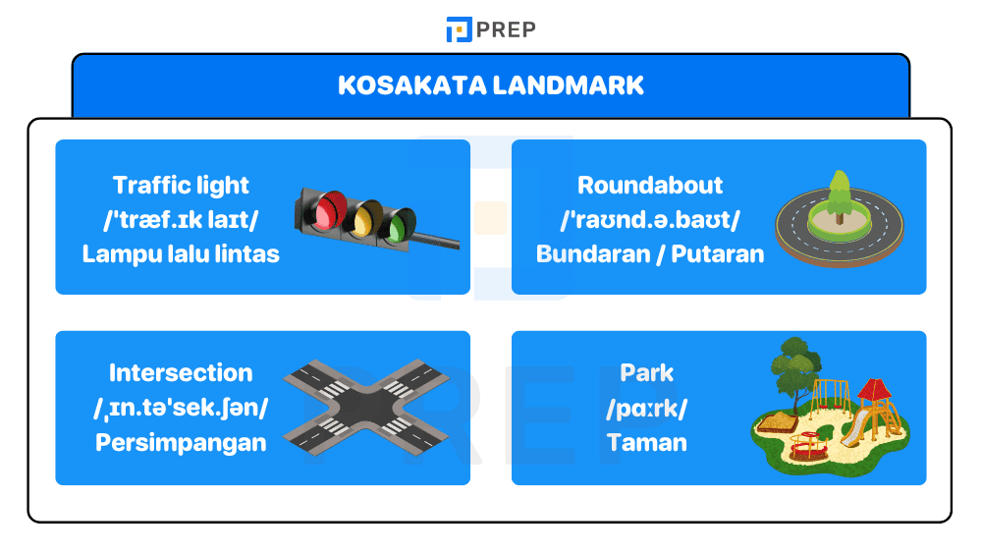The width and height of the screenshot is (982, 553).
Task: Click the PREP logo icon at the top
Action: pos(459,29)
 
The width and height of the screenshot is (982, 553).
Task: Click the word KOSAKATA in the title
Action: pos(411,85)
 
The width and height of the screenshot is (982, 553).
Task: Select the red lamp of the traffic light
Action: pos(329,207)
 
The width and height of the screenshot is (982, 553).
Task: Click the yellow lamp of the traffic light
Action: pos(367,217)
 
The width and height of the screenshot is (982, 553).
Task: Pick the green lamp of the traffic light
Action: pos(399,226)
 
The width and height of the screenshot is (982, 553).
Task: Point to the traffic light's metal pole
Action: pos(437,240)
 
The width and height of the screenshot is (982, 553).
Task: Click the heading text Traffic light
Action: pos(182,185)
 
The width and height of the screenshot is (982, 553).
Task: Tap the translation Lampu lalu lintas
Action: pos(182,253)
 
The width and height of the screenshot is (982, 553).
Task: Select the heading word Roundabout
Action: pos(650,185)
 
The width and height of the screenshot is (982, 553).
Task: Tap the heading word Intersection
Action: pos(181,373)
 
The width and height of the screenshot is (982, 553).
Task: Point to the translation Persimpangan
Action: pos(181,442)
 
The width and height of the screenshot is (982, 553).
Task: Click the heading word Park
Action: pos(647,373)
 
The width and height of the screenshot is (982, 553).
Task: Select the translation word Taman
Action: pos(647,442)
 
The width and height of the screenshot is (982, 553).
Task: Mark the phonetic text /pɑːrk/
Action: pos(647,408)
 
